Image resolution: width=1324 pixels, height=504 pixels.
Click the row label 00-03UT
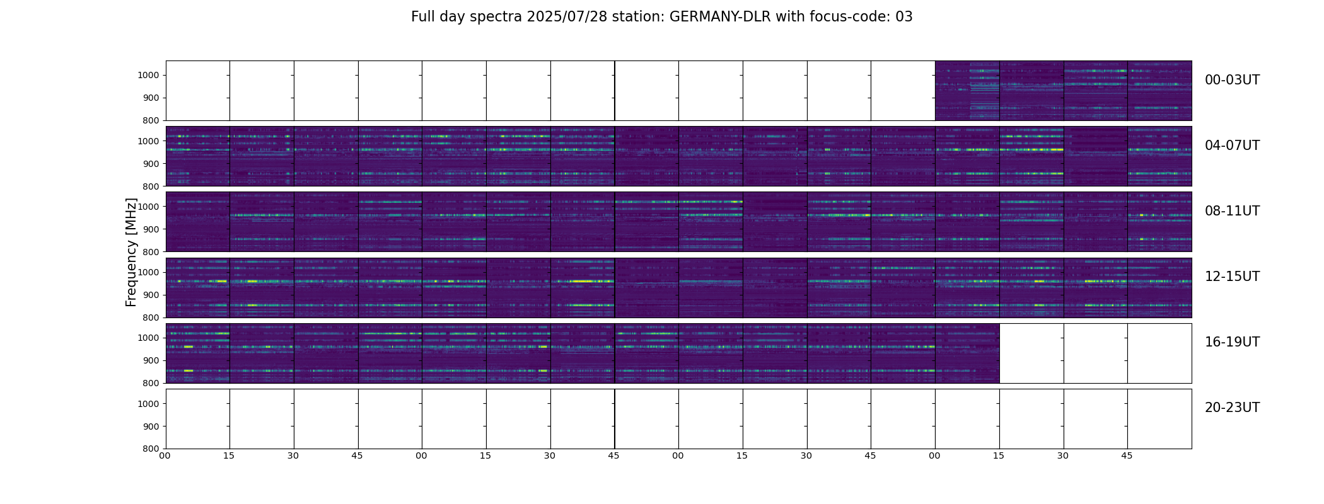point(1232,80)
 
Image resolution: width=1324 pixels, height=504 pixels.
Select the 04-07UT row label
point(1232,146)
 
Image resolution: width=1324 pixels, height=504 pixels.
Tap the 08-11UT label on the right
point(1232,211)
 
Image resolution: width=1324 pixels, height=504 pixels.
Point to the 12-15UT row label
point(1232,277)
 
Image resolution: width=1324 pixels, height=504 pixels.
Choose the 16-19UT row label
point(1232,342)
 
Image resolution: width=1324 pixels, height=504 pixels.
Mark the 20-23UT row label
point(1232,408)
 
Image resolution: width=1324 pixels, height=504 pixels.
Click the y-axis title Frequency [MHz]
point(131,252)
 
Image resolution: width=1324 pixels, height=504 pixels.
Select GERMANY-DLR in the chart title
point(720,17)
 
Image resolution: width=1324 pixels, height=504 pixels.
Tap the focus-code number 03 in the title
point(904,17)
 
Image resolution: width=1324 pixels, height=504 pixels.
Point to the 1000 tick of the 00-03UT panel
point(149,76)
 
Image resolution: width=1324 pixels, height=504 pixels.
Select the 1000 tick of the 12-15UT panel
point(149,272)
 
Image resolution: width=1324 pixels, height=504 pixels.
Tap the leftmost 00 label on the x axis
point(165,455)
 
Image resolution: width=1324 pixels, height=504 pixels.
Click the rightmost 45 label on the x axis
point(1127,455)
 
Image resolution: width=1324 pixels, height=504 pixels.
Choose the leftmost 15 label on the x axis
point(229,455)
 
